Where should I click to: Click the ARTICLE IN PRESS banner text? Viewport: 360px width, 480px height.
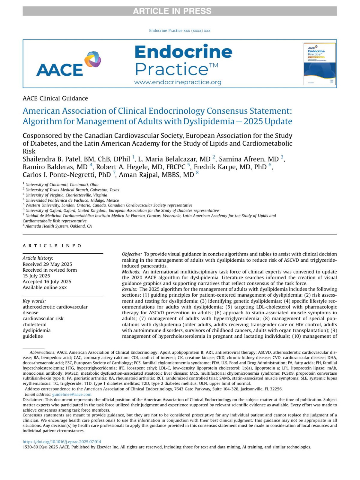[172, 11]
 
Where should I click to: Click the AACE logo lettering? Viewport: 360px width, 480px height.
[59, 70]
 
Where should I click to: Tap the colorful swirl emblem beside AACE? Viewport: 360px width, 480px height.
[92, 59]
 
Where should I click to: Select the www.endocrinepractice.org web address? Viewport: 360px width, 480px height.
[178, 82]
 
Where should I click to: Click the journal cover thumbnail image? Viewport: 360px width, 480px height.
[319, 64]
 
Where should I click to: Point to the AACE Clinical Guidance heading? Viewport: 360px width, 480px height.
[55, 98]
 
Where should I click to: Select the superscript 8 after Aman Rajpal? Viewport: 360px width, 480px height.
[197, 173]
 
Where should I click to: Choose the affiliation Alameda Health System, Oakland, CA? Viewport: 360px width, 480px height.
[58, 226]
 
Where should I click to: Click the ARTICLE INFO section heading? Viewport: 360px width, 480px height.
[52, 246]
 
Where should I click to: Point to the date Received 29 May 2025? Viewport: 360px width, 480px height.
[47, 264]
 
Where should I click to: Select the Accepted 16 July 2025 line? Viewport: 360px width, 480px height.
[47, 282]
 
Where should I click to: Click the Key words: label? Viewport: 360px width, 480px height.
[34, 301]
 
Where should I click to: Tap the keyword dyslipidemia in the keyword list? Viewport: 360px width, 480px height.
[37, 330]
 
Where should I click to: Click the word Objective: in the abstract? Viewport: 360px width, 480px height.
[132, 254]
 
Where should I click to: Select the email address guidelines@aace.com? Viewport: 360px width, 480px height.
[72, 394]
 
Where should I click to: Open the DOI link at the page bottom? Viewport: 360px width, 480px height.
[62, 442]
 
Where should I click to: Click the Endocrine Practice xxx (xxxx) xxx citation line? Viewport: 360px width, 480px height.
[179, 31]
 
